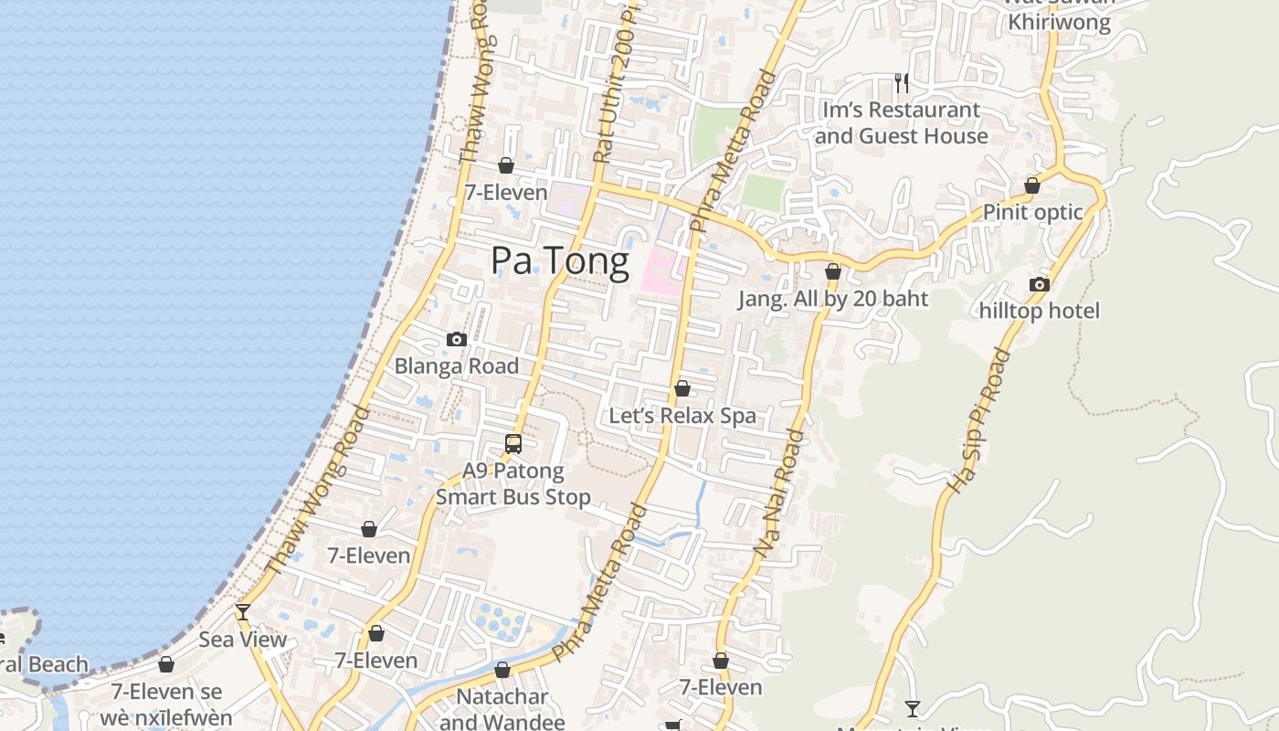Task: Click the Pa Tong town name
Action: coord(559,261)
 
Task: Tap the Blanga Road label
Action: coord(456,366)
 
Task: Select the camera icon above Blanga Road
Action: coord(457,340)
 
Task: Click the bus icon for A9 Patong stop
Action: coord(513,444)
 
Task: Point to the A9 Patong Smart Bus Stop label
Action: coord(513,484)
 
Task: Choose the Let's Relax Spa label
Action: coord(682,416)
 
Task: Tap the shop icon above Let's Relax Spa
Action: coord(682,389)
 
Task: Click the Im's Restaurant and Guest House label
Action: coord(901,123)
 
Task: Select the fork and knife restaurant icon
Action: coord(902,83)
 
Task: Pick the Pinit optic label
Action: coord(1032,212)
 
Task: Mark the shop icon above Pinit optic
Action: coord(1032,185)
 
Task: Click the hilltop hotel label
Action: coord(1040,311)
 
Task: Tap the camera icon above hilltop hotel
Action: coord(1040,285)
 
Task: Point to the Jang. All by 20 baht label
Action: coord(833,299)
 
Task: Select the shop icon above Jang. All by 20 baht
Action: coord(833,272)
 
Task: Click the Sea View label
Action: coord(243,639)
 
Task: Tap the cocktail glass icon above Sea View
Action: coord(243,611)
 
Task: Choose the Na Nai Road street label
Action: coord(780,493)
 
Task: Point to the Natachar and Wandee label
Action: coord(502,709)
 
